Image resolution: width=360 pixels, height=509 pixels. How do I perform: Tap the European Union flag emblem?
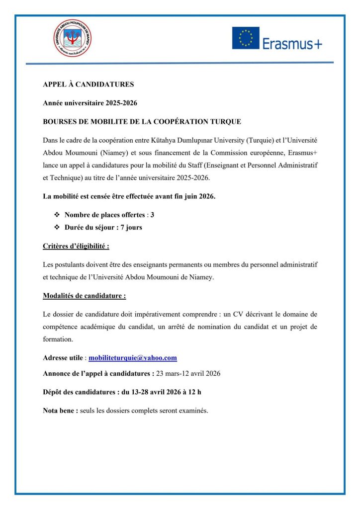tap(245, 38)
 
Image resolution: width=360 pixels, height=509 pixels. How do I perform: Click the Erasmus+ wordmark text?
tap(292, 44)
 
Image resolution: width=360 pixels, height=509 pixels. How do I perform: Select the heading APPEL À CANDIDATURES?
tap(88, 85)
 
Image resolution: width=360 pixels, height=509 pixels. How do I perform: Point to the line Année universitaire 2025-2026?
tap(90, 103)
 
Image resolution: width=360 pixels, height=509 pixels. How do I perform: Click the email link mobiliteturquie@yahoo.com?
tap(133, 358)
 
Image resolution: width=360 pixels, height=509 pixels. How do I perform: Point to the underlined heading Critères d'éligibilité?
tap(76, 246)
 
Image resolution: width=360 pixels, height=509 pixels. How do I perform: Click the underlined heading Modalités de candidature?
tap(85, 296)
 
